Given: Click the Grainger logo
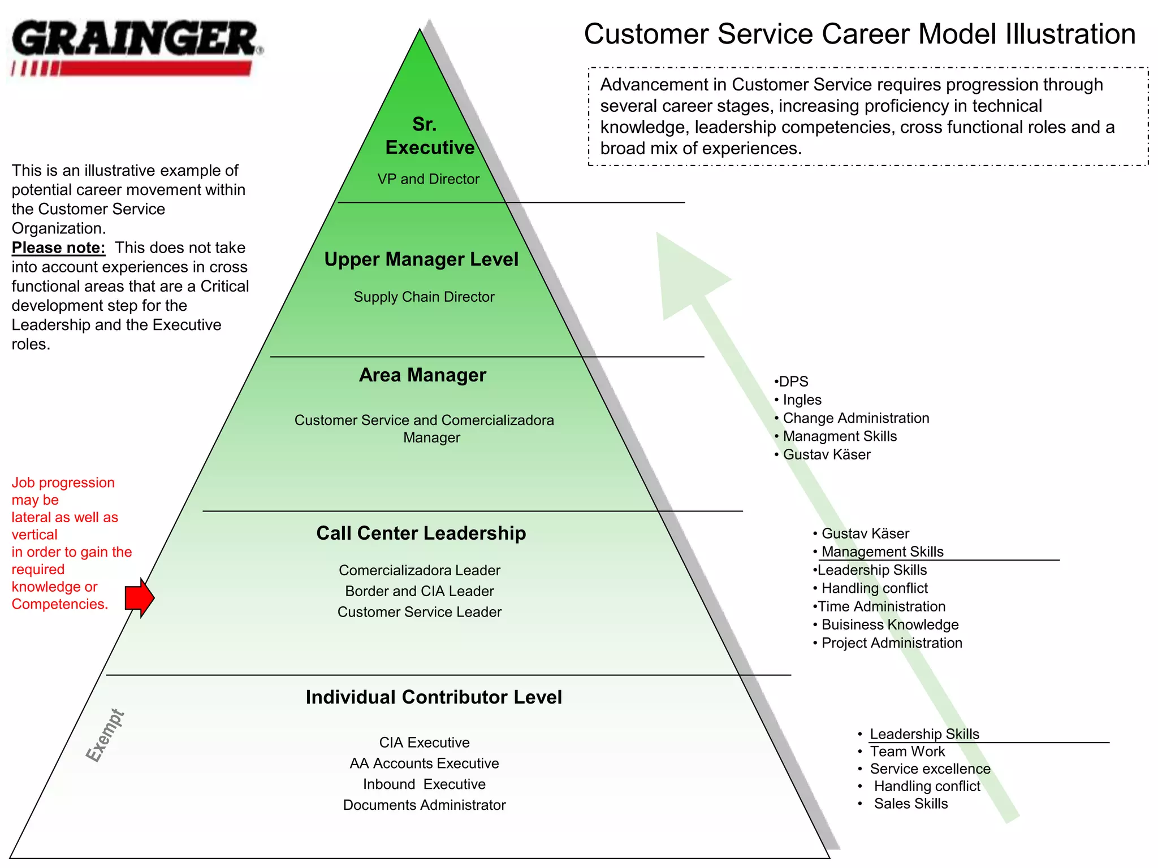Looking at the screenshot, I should point(136,48).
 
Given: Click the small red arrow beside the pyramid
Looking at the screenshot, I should point(140,597).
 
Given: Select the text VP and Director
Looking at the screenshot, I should point(428,179).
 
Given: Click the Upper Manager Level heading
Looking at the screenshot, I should point(421,259).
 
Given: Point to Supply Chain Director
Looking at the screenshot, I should point(424,297).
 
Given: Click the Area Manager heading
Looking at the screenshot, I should point(422,375).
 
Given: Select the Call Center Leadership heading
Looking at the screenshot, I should point(421,533).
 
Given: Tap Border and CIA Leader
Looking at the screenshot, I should point(420,591).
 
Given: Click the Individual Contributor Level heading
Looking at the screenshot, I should point(434,697).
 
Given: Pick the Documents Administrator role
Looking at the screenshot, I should point(424,805).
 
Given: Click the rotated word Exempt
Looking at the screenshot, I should point(105,735).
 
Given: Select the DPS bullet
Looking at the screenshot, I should point(793,381).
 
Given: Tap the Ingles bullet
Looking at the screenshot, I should point(801,400).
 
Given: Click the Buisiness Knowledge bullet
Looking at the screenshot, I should point(889,624).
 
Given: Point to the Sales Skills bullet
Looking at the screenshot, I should point(910,804).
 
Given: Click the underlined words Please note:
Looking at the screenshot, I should point(58,248).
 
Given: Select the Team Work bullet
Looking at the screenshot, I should point(907,752).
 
